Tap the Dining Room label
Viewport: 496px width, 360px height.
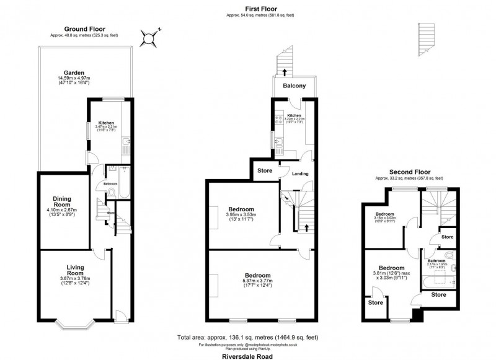[x=61, y=201]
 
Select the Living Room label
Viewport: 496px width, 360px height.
[x=75, y=271]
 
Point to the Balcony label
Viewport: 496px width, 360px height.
[x=294, y=86]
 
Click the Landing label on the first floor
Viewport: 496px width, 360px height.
[x=301, y=173]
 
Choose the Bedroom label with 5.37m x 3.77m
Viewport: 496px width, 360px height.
[x=257, y=275]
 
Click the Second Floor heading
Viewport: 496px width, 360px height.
[x=409, y=172]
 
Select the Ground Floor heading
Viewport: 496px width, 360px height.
[x=85, y=29]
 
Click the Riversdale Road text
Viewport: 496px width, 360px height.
[x=248, y=356]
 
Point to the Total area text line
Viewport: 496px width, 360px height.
[x=248, y=338]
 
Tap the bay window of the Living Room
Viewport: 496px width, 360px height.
[x=75, y=323]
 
